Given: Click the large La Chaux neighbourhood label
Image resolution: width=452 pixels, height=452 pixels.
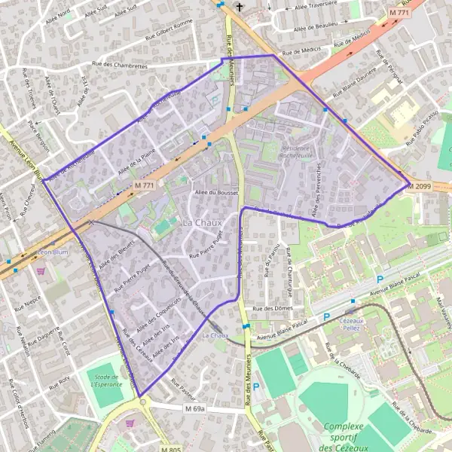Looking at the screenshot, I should (x=201, y=223).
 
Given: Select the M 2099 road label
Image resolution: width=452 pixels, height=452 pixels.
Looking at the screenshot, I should (x=420, y=186).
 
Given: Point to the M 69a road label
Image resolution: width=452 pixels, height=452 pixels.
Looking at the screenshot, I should (x=194, y=408).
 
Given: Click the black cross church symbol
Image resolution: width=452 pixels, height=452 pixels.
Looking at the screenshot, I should (x=240, y=8).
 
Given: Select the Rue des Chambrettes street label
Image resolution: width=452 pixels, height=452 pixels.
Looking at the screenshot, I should (x=118, y=66).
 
